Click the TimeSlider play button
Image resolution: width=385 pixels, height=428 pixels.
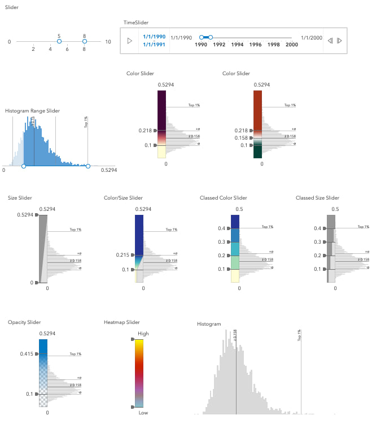pyautogui.click(x=129, y=41)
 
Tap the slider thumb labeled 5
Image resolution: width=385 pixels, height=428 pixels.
pyautogui.click(x=59, y=41)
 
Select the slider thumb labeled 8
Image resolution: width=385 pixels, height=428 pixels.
pyautogui.click(x=84, y=41)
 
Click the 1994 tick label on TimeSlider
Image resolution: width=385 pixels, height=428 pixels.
pyautogui.click(x=237, y=45)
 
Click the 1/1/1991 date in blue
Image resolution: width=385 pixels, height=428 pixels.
pyautogui.click(x=154, y=45)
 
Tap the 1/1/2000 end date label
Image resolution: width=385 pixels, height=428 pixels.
pyautogui.click(x=311, y=37)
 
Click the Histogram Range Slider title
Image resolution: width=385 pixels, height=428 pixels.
pyautogui.click(x=32, y=111)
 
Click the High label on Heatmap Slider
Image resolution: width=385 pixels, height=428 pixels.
pyautogui.click(x=143, y=334)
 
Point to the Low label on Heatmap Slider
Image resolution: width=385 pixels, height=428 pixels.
pyautogui.click(x=143, y=413)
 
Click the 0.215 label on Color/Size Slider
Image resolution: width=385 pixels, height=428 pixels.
pyautogui.click(x=123, y=255)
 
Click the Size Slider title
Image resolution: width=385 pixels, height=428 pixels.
pyautogui.click(x=20, y=198)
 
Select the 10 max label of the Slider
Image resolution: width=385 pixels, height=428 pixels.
pyautogui.click(x=108, y=42)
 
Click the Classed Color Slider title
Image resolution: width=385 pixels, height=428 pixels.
pyautogui.click(x=223, y=198)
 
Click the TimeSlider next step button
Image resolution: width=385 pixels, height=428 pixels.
pyautogui.click(x=339, y=41)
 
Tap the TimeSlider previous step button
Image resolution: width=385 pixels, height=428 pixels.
pyautogui.click(x=330, y=41)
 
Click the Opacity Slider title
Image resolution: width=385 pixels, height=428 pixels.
pyautogui.click(x=24, y=322)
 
